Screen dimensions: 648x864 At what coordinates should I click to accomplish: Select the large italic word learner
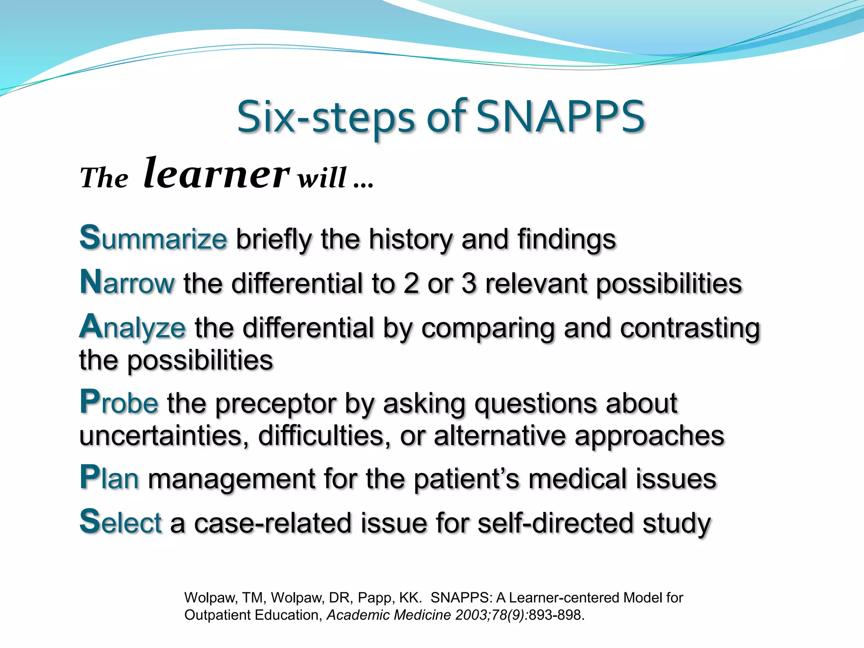[x=216, y=173]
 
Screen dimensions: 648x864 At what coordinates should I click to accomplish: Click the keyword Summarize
[x=154, y=239]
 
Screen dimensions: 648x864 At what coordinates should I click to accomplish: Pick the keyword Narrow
[x=127, y=283]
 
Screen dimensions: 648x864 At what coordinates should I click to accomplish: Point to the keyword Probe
[x=119, y=403]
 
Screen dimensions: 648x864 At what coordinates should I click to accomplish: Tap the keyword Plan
[x=109, y=479]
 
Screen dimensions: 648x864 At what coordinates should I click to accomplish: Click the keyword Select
[x=121, y=523]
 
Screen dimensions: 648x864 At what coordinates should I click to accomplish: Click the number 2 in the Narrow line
[x=411, y=283]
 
